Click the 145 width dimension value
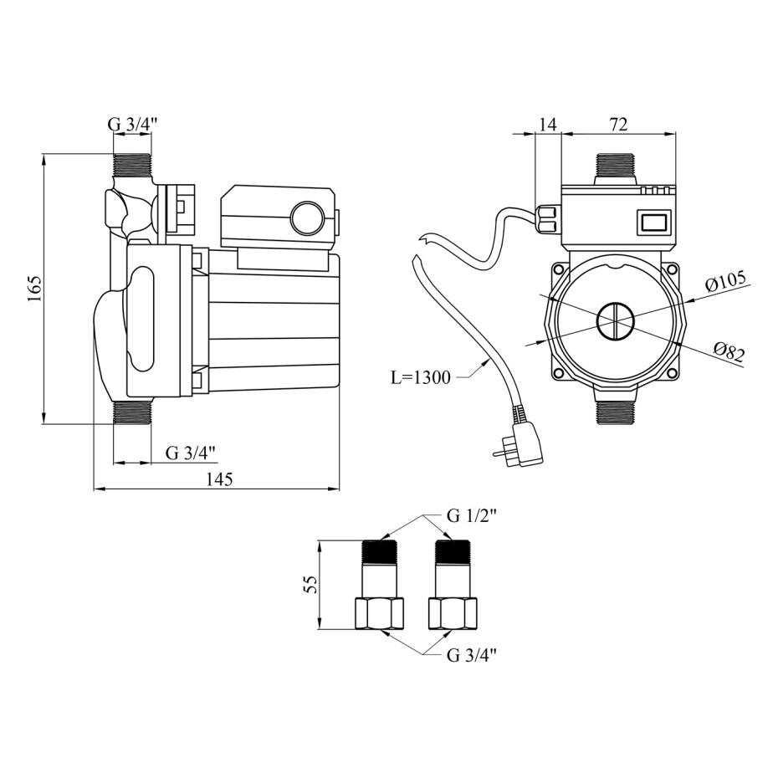(x=219, y=479)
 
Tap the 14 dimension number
(x=547, y=124)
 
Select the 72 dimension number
(x=618, y=124)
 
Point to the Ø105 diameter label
(x=725, y=282)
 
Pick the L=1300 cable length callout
(x=420, y=378)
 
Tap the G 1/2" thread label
(x=471, y=516)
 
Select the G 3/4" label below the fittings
(x=471, y=656)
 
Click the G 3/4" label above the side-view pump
(x=132, y=124)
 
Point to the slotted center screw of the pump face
(x=614, y=321)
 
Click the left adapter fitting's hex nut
(x=380, y=614)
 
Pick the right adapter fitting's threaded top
(x=452, y=552)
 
